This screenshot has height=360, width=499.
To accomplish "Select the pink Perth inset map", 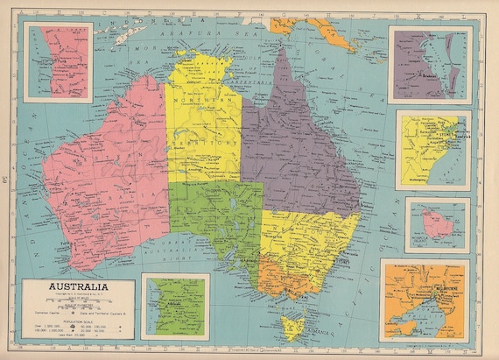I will coord(58,50).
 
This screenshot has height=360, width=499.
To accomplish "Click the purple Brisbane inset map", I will coord(430,63).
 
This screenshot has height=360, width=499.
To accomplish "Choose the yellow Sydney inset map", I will coord(432,149).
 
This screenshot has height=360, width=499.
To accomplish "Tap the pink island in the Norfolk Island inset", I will coord(436,225).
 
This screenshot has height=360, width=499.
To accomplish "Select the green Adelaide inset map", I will coord(174,306).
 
